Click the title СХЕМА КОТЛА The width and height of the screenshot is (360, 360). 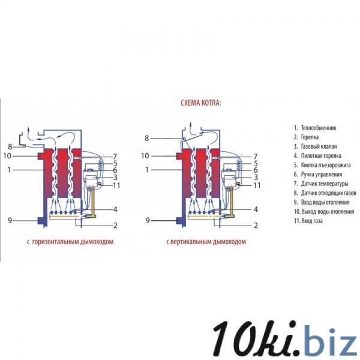[x=201, y=103]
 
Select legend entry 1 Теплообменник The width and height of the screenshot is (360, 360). [x=315, y=128]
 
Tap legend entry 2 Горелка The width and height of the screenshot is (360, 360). [x=307, y=137]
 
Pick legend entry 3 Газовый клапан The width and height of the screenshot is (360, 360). [x=316, y=146]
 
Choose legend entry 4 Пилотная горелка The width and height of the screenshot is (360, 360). [x=319, y=156]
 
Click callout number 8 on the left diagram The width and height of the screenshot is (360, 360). [x=10, y=147]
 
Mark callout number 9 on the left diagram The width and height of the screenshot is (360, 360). [x=10, y=220]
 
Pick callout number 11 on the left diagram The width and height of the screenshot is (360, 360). [x=116, y=185]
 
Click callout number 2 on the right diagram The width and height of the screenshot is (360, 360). [x=256, y=226]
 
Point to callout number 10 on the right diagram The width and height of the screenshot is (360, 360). [x=145, y=156]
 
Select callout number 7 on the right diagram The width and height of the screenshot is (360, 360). [x=255, y=156]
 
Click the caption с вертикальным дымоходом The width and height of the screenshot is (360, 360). [x=206, y=242]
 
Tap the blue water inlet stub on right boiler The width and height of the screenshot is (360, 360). [x=178, y=221]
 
